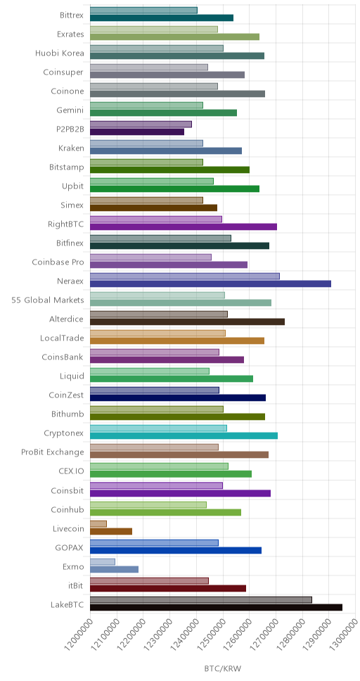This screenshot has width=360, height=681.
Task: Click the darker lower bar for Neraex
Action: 211,284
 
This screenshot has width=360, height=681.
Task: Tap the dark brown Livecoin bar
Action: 111,531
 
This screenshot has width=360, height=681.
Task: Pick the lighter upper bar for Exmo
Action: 103,561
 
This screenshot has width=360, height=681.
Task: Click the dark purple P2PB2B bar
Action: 137,132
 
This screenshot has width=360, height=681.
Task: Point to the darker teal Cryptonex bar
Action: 184,435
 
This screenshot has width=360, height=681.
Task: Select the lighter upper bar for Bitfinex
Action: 161,238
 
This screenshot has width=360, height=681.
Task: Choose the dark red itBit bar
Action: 168,588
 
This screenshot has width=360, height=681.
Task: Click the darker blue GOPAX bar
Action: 176,550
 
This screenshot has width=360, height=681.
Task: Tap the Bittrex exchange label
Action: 72,15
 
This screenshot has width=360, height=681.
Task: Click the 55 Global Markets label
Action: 48,300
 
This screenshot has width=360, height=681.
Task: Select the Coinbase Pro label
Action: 58,262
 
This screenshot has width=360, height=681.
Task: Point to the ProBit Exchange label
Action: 53,452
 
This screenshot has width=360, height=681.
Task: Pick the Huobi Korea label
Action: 60,53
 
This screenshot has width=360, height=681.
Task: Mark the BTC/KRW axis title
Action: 222,668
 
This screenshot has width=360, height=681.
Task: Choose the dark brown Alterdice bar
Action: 188,322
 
